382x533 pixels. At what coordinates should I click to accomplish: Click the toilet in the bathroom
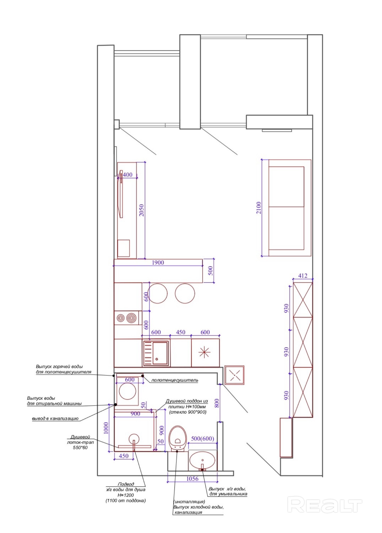177,439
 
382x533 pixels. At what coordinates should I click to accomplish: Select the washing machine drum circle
128,391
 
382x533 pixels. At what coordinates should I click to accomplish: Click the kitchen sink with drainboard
156,353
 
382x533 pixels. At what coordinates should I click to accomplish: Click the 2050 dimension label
141,210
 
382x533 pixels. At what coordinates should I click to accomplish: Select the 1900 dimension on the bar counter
158,263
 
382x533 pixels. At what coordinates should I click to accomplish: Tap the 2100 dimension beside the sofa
259,208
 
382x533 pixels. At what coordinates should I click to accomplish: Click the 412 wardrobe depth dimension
303,276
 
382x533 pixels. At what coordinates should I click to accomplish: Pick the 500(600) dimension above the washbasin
203,438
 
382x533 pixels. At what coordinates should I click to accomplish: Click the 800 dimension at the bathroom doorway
217,403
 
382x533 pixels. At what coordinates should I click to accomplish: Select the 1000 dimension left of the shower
106,428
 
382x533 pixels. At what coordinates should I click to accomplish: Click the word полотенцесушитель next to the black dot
175,380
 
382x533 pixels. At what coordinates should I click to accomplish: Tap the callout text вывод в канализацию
55,418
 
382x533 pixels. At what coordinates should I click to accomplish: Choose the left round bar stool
157,293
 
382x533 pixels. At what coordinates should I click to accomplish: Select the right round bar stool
185,293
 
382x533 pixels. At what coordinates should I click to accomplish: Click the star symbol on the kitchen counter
204,352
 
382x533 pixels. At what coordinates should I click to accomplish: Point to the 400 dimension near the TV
128,175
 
